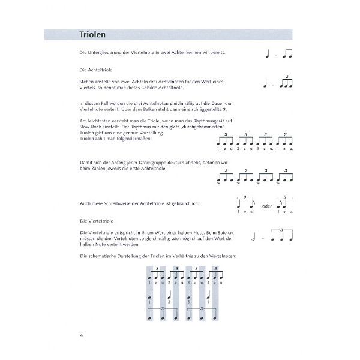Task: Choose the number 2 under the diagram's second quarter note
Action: [170, 302]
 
